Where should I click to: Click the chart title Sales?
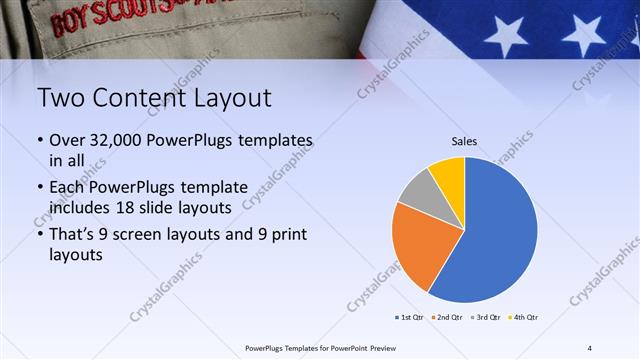(465, 141)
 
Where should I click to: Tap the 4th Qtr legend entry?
(524, 318)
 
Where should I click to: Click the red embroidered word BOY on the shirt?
(72, 23)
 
